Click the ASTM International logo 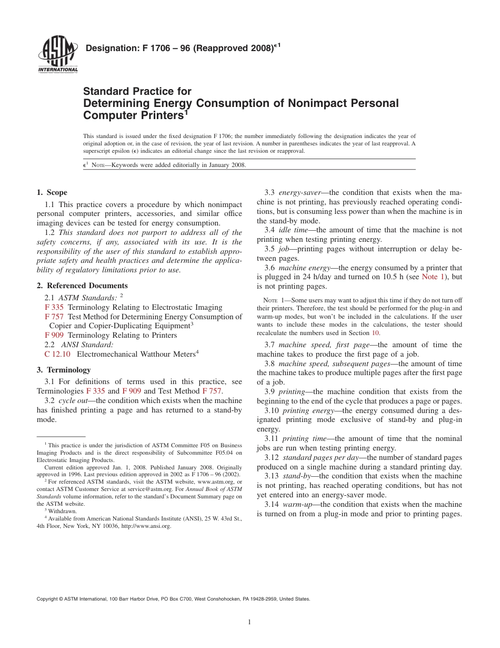[57, 55]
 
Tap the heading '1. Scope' [52, 193]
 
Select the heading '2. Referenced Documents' [82, 286]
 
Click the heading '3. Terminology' [63, 370]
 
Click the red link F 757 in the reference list [54, 317]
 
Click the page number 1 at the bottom [249, 622]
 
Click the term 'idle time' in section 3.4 [292, 230]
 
